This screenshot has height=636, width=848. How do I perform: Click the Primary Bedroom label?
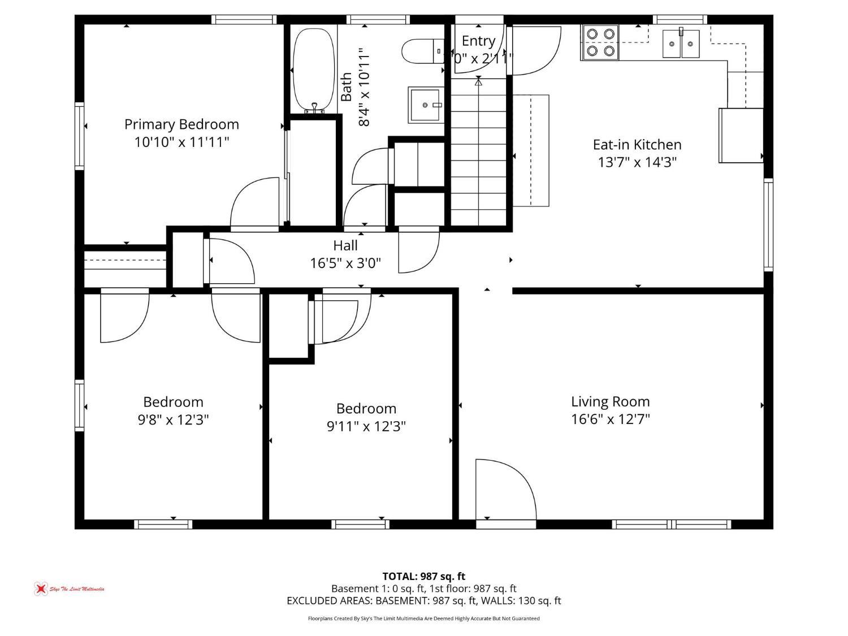click(181, 124)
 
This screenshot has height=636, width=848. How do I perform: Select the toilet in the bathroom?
click(421, 51)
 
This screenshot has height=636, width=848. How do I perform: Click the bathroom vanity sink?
click(425, 105)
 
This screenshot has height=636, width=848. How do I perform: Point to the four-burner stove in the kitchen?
click(600, 42)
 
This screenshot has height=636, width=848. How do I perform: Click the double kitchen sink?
click(681, 44)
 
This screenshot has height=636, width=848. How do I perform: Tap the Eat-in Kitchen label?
click(637, 144)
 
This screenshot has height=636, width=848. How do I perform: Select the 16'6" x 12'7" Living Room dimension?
click(611, 419)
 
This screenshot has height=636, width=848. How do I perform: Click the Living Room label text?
click(611, 401)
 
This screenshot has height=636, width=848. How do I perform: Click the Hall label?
click(345, 245)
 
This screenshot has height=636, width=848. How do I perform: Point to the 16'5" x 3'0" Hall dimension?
click(345, 263)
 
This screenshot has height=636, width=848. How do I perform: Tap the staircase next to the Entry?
click(478, 153)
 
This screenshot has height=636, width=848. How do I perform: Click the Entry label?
click(478, 41)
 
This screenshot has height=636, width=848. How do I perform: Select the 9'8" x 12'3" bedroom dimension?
click(173, 420)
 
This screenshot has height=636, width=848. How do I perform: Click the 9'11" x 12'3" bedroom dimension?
click(366, 426)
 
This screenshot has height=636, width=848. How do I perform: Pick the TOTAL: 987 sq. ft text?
click(423, 576)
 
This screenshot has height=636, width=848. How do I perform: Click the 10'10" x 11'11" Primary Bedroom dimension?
click(181, 141)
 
